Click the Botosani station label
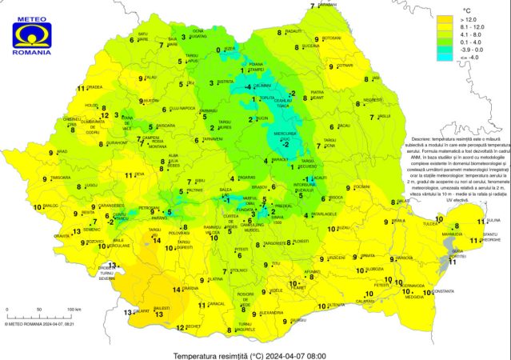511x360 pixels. pyautogui.click(x=333, y=38)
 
